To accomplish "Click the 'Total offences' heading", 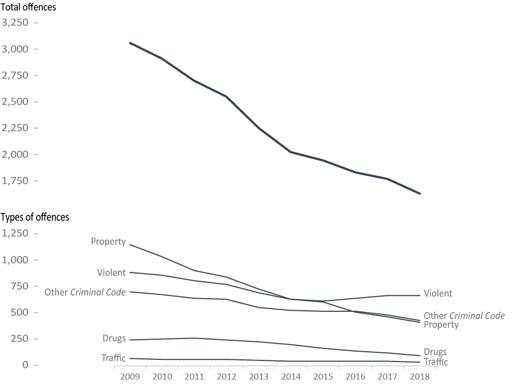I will [28, 8].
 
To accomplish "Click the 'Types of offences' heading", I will [35, 217].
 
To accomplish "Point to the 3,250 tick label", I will [17, 23].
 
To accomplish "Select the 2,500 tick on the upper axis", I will [17, 102].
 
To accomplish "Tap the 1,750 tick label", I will [17, 181].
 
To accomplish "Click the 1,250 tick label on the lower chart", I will [17, 233].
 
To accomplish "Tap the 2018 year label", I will [420, 377].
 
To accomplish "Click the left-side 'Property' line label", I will [108, 241].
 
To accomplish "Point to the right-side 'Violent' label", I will [438, 294].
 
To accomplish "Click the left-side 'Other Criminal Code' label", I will [85, 292].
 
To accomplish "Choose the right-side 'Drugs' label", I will [435, 352].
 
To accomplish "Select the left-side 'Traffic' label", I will [113, 358].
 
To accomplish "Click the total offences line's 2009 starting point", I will [130, 43].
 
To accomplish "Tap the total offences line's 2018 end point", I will [420, 193].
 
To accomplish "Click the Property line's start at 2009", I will [130, 245].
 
